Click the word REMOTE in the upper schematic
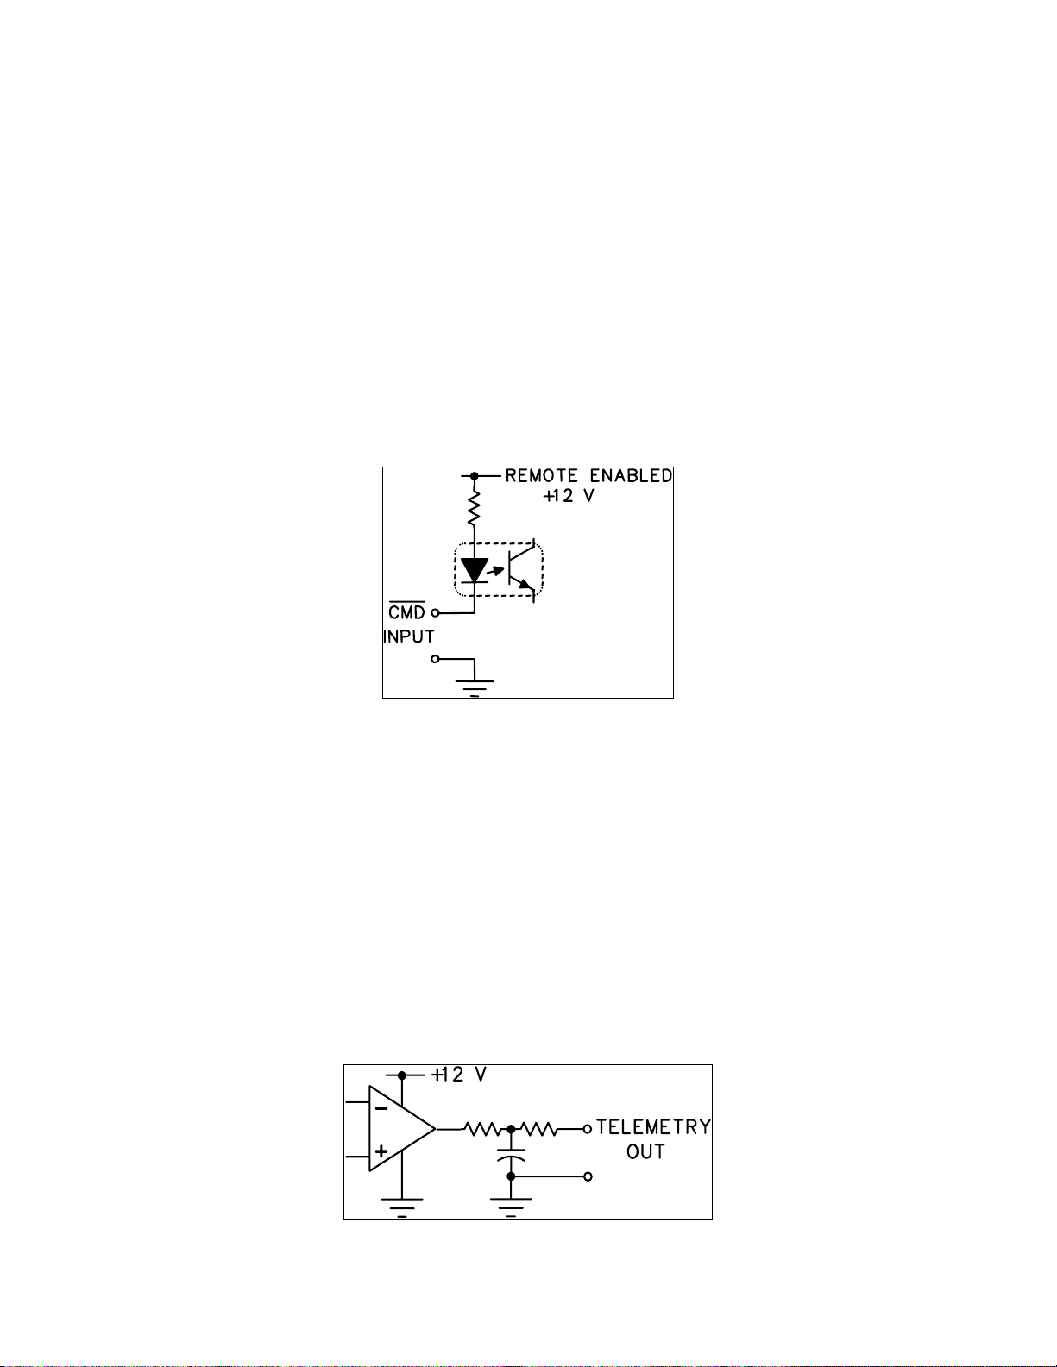coord(541,476)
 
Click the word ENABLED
coord(631,476)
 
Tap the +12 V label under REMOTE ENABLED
coord(569,496)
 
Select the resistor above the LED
coord(475,508)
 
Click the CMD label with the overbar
coord(406,611)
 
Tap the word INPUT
coord(409,636)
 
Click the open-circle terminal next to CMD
coord(435,612)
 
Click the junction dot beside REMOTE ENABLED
coord(475,476)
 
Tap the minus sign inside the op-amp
coord(381,1107)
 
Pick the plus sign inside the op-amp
coord(381,1151)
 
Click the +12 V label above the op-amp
coord(459,1075)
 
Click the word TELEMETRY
coord(653,1126)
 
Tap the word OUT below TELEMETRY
coord(645,1152)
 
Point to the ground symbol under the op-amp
coord(402,1207)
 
